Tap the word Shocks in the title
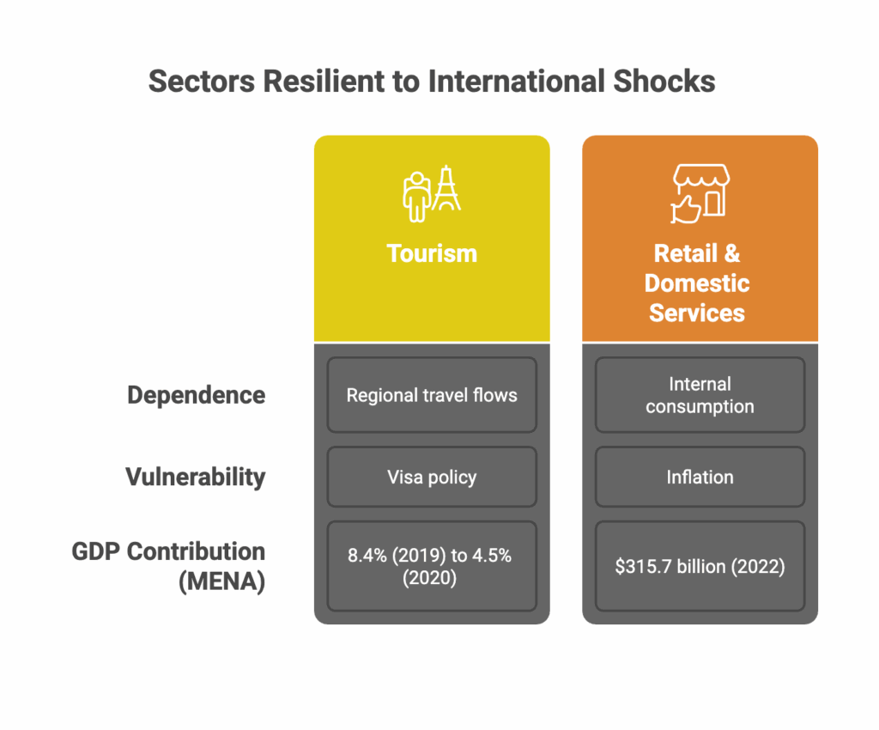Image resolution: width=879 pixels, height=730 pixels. pyautogui.click(x=664, y=82)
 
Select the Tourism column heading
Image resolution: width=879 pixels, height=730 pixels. pyautogui.click(x=432, y=253)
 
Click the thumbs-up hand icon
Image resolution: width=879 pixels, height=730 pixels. pyautogui.click(x=685, y=210)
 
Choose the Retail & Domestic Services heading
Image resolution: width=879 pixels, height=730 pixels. pyautogui.click(x=697, y=283)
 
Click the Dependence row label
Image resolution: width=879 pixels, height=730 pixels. pyautogui.click(x=197, y=395)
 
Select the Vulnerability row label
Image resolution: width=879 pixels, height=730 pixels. pyautogui.click(x=196, y=478)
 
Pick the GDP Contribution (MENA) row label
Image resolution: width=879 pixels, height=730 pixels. pyautogui.click(x=168, y=566)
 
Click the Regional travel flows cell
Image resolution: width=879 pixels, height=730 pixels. pyautogui.click(x=432, y=395)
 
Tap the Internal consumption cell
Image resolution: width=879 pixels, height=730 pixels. pyautogui.click(x=700, y=395)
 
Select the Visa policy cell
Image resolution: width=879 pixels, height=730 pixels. pyautogui.click(x=432, y=478)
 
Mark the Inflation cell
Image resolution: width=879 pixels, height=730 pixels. pyautogui.click(x=700, y=478)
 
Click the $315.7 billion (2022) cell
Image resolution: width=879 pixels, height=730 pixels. pyautogui.click(x=700, y=566)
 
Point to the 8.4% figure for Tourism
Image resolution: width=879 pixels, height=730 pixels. pyautogui.click(x=367, y=555)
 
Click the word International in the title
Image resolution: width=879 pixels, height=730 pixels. pyautogui.click(x=517, y=82)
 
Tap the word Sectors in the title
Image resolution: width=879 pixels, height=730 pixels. pyautogui.click(x=202, y=82)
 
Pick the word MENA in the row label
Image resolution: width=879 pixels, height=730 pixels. pyautogui.click(x=222, y=581)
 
